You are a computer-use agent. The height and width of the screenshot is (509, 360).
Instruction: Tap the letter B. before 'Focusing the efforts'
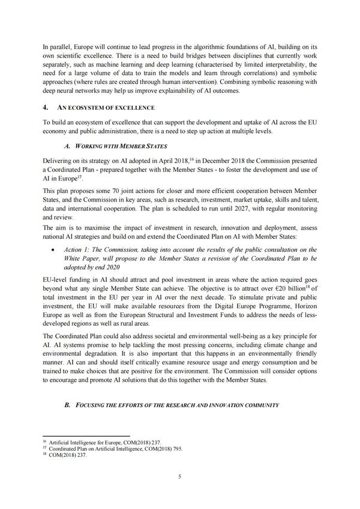(67, 405)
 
